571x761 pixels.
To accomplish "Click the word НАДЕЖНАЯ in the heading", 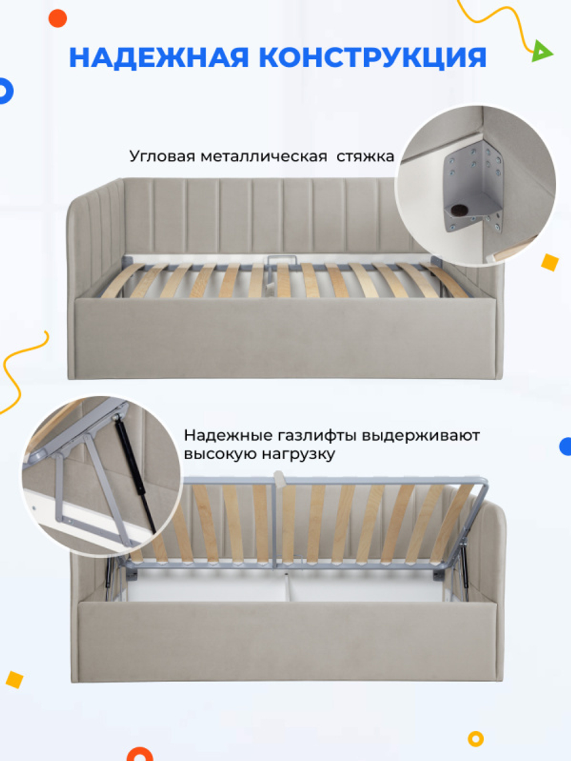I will click(x=159, y=58).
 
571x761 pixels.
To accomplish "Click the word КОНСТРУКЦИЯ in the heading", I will click(x=372, y=58).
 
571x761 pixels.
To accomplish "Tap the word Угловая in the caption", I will click(x=162, y=156).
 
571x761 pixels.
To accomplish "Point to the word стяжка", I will click(x=365, y=156).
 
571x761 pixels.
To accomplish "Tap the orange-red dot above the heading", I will click(x=58, y=18).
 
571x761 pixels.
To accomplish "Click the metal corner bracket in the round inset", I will click(x=471, y=188).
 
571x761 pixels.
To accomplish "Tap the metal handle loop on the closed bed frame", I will click(x=282, y=260).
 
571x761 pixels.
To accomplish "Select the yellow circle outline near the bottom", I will click(x=475, y=739).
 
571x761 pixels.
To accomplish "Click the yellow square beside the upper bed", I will click(x=549, y=262).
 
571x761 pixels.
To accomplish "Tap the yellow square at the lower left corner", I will click(x=14, y=679).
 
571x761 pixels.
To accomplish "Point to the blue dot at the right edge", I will click(x=566, y=446).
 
